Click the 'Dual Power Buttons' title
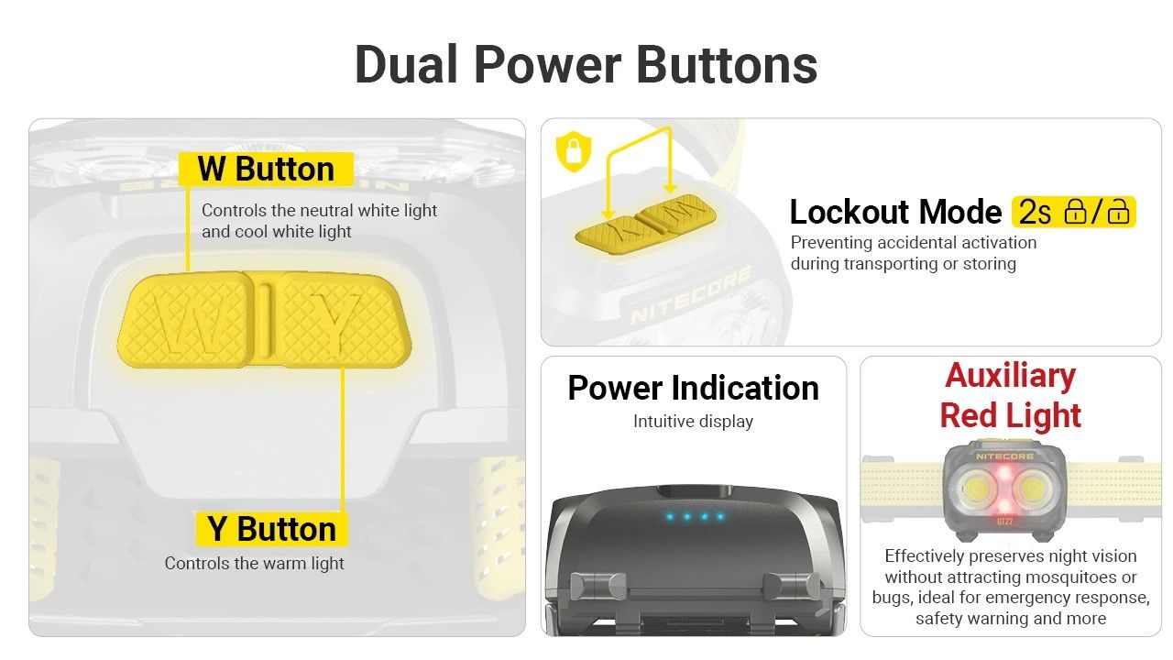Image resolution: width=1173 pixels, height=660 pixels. tap(586, 65)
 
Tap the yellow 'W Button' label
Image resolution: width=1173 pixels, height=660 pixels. tap(266, 169)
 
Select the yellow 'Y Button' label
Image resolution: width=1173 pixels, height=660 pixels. tap(271, 529)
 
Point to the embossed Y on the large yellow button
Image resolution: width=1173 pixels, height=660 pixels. tap(335, 322)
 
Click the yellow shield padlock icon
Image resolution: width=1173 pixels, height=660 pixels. tap(574, 151)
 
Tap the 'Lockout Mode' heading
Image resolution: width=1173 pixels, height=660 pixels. tap(895, 212)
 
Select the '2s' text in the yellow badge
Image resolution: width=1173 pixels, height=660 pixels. tap(1035, 212)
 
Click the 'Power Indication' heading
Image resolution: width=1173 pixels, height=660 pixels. tap(694, 388)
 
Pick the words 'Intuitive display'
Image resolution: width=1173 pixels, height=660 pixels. tap(694, 421)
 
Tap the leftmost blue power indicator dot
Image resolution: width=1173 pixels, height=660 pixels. tap(670, 517)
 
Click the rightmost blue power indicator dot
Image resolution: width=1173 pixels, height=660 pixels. tap(720, 516)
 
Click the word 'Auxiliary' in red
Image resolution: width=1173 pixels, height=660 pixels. tap(1010, 376)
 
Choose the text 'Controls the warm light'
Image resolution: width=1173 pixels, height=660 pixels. tap(254, 563)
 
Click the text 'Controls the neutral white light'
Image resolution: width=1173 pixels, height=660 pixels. tap(319, 211)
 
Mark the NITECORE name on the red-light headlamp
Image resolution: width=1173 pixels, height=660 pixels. tap(1004, 456)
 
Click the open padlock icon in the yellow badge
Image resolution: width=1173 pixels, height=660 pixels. tap(1118, 212)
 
